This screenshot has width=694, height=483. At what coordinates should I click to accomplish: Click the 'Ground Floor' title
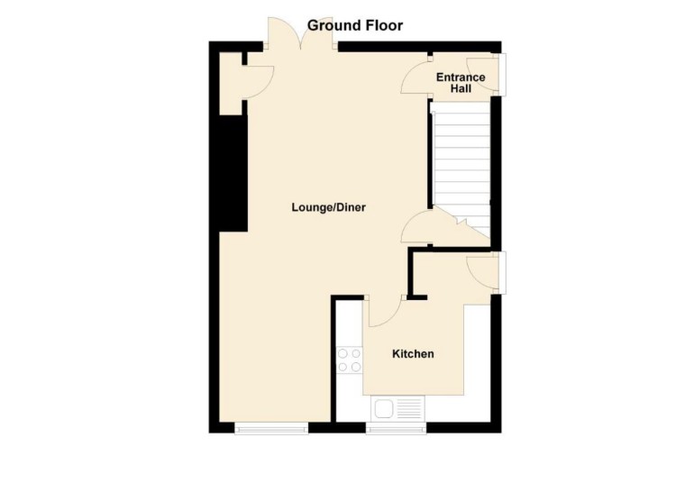[x=354, y=25]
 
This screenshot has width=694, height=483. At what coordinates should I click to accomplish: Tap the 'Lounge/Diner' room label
[x=328, y=207]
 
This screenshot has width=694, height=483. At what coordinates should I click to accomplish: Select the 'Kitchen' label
[x=412, y=354]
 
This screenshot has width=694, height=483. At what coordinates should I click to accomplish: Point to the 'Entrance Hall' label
[x=461, y=83]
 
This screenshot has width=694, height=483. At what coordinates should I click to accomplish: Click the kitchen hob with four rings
[x=349, y=360]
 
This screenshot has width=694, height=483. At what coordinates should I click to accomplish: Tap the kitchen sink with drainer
[x=397, y=409]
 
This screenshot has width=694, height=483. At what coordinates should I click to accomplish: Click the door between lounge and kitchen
[x=384, y=311]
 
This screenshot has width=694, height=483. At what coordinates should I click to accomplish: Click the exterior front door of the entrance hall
[x=503, y=74]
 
